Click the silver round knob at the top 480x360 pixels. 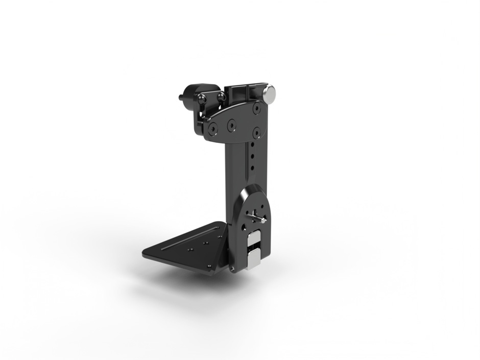click(x=269, y=93)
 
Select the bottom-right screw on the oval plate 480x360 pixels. click(x=256, y=132)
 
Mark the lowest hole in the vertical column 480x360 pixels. click(x=252, y=168)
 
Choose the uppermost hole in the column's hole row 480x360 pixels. click(x=253, y=144)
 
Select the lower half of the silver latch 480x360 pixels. click(x=254, y=260)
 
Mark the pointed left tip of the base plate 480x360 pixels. click(x=144, y=253)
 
